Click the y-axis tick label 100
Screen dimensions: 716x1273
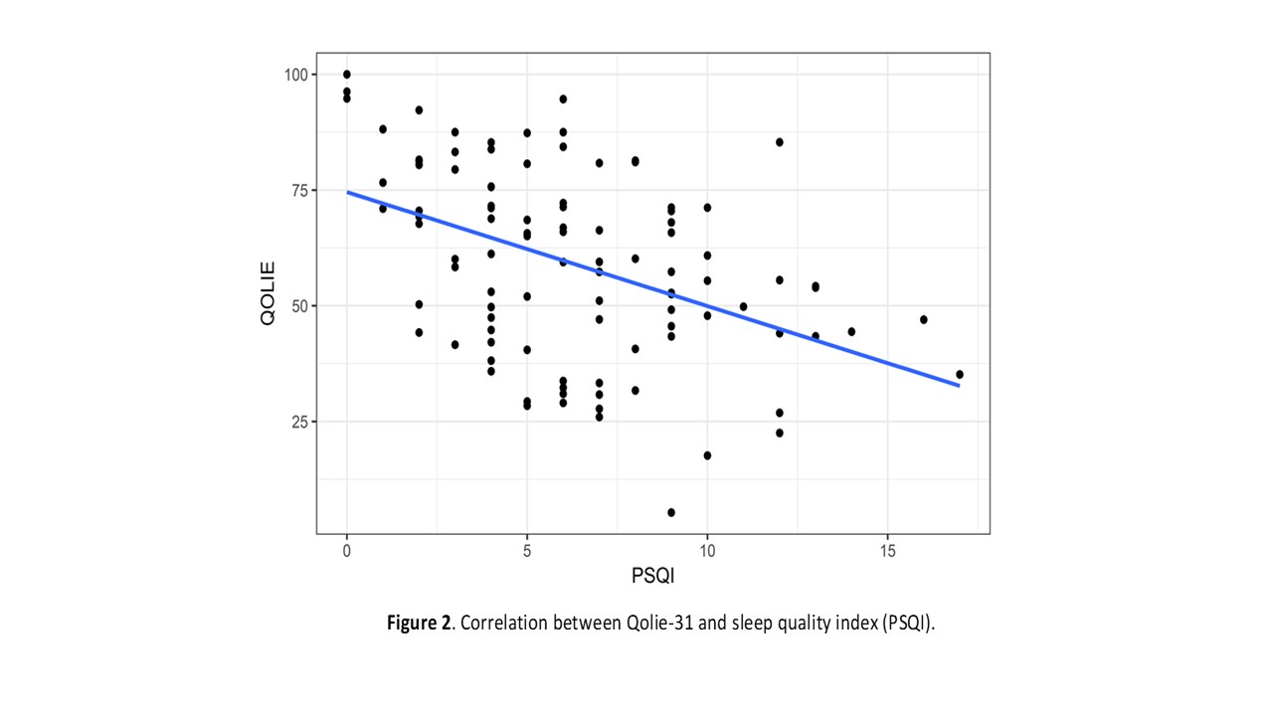point(294,75)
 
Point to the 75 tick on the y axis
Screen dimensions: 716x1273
point(298,190)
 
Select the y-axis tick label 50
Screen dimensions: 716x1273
point(298,305)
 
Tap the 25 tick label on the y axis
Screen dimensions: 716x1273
point(298,422)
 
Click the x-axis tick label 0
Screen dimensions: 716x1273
point(346,549)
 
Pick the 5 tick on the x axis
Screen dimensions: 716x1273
point(527,549)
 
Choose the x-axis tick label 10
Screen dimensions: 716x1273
point(707,549)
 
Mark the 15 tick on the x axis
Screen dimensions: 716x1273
point(887,549)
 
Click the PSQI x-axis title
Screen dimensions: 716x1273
point(652,576)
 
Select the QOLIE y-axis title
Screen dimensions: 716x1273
point(268,292)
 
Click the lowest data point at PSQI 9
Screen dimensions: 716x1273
point(671,512)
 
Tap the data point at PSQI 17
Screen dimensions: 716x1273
point(960,375)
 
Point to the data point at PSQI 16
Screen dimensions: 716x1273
point(924,319)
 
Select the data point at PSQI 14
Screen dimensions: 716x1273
point(851,332)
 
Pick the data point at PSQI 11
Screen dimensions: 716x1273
point(743,306)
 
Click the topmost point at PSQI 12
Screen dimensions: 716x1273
point(780,142)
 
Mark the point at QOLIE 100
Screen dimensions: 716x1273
point(346,75)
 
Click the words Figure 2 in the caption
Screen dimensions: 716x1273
point(418,625)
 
